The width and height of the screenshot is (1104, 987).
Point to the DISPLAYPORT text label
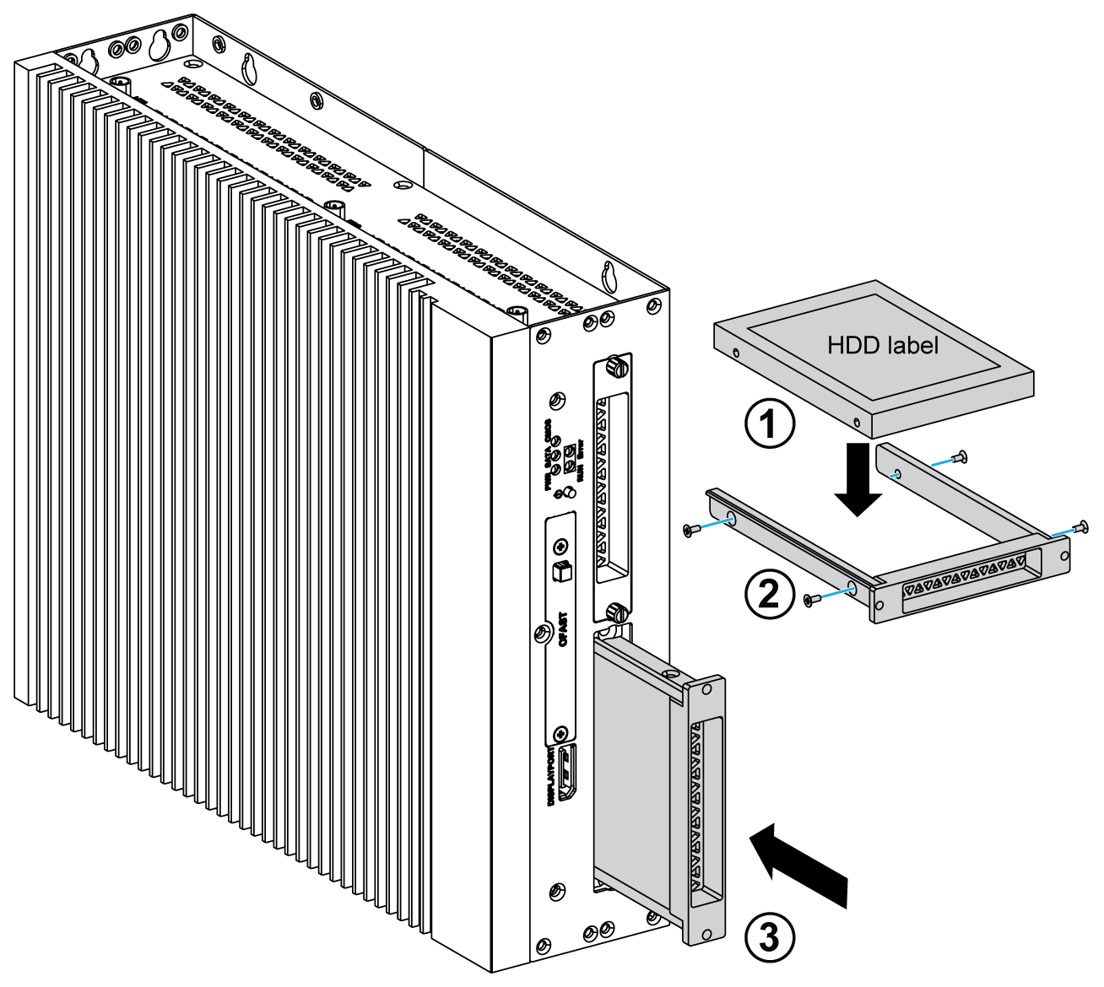[552, 777]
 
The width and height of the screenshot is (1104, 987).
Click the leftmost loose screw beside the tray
[690, 530]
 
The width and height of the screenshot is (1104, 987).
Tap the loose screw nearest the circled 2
[811, 599]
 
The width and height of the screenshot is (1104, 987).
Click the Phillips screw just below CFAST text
[560, 734]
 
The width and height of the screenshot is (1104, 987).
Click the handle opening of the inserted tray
[707, 810]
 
